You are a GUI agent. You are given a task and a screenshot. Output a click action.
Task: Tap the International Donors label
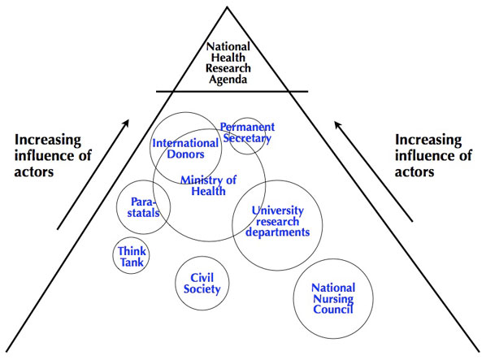coord(186,150)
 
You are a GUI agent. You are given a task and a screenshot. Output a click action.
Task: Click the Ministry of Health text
coord(209,185)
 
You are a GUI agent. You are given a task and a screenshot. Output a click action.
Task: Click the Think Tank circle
coord(132,257)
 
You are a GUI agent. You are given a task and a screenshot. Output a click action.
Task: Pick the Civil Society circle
coord(199,283)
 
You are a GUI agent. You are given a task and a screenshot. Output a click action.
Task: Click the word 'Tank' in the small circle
coord(132,262)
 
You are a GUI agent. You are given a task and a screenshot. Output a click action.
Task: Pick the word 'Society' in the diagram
coord(199,288)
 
